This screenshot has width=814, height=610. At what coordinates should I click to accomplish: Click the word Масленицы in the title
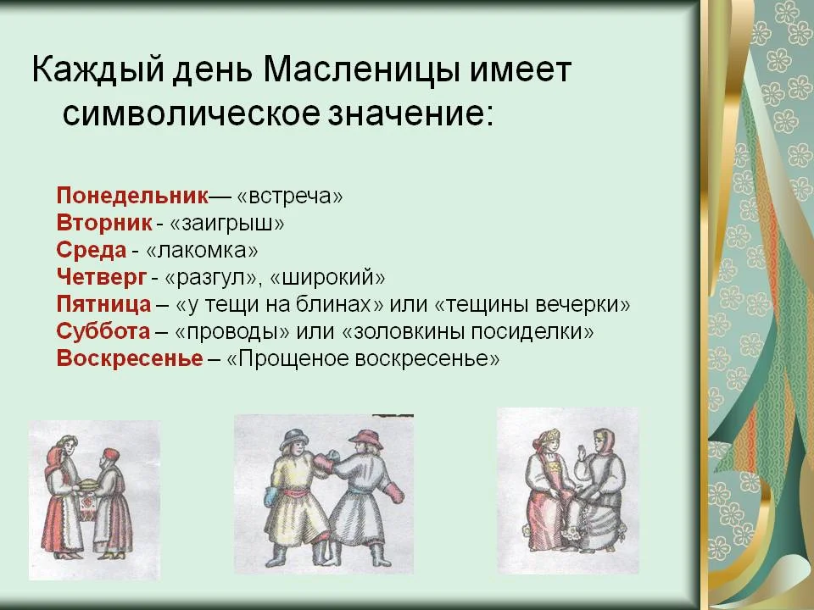[x=361, y=69]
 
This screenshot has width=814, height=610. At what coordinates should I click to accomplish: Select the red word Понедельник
[x=132, y=196]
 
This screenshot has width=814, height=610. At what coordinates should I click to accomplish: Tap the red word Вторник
[x=103, y=223]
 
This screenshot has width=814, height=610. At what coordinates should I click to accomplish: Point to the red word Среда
[x=92, y=250]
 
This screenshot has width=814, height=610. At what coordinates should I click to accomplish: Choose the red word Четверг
[x=101, y=277]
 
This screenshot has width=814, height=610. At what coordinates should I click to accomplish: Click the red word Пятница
[x=103, y=304]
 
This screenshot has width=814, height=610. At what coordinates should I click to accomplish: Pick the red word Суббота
[x=103, y=331]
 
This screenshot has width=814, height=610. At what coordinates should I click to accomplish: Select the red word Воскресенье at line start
[x=130, y=358]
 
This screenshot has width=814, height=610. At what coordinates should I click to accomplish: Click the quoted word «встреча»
[x=290, y=197]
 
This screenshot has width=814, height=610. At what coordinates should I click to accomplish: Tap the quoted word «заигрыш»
[x=227, y=224]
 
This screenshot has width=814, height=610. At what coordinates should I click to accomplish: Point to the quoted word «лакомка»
[x=202, y=251]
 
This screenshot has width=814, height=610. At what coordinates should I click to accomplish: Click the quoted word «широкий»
[x=327, y=278]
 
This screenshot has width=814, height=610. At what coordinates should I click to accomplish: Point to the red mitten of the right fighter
[x=394, y=491]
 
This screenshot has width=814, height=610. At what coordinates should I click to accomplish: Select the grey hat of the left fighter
[x=294, y=439]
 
